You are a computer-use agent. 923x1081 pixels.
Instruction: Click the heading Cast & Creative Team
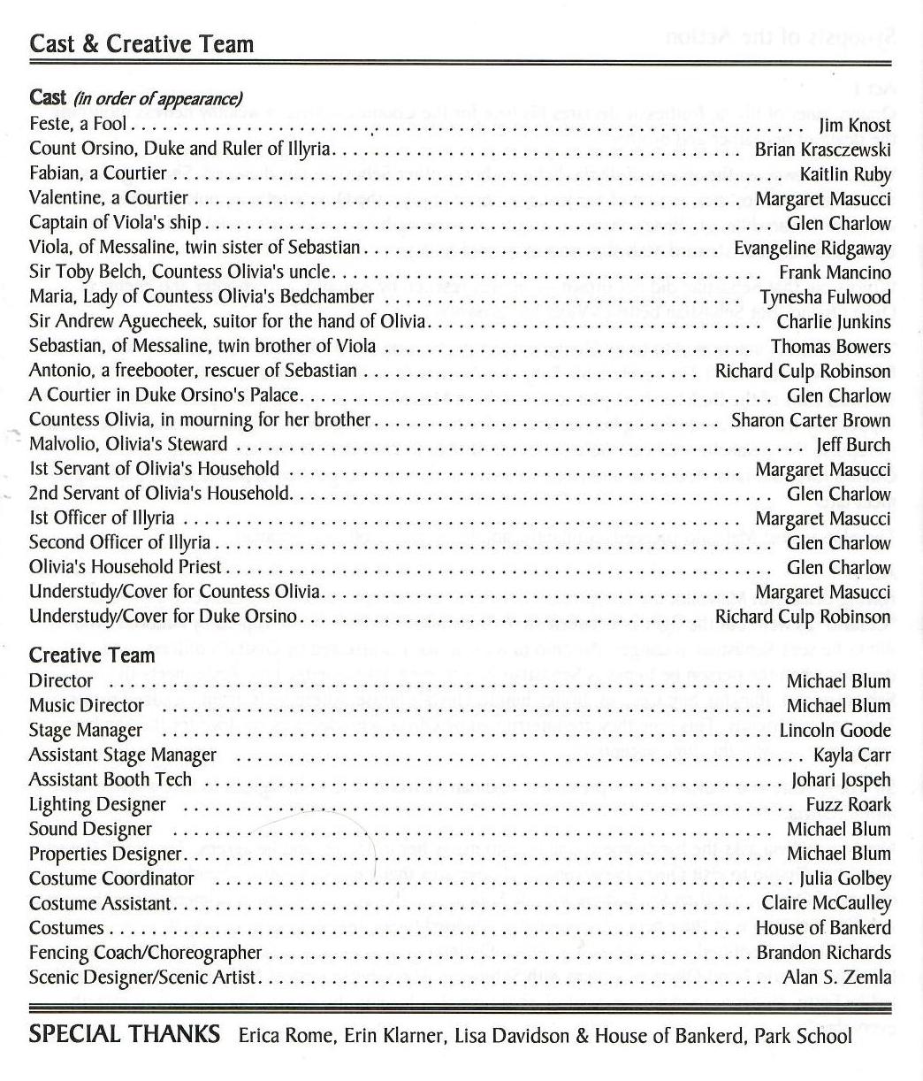[141, 44]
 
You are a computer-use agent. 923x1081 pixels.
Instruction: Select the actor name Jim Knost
[855, 126]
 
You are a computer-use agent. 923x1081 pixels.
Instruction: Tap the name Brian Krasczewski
[822, 150]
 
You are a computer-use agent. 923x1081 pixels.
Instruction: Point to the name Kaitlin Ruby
[845, 174]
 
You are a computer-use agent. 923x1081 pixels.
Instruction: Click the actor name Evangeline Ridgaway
[812, 249]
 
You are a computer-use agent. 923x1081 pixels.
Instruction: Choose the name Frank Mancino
[835, 272]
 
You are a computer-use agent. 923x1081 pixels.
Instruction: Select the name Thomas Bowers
[830, 346]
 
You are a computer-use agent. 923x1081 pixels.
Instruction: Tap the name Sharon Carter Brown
[810, 420]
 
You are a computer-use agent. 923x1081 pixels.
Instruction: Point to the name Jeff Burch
[853, 445]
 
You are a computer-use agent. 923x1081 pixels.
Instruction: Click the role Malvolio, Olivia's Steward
[128, 444]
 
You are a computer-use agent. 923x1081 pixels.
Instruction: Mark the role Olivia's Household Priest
[125, 567]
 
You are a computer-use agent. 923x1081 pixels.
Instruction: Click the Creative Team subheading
[92, 655]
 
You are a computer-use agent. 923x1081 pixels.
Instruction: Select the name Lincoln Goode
[835, 731]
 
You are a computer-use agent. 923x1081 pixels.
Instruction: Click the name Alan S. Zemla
[836, 977]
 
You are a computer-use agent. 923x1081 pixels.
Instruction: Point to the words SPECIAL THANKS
[125, 1034]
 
